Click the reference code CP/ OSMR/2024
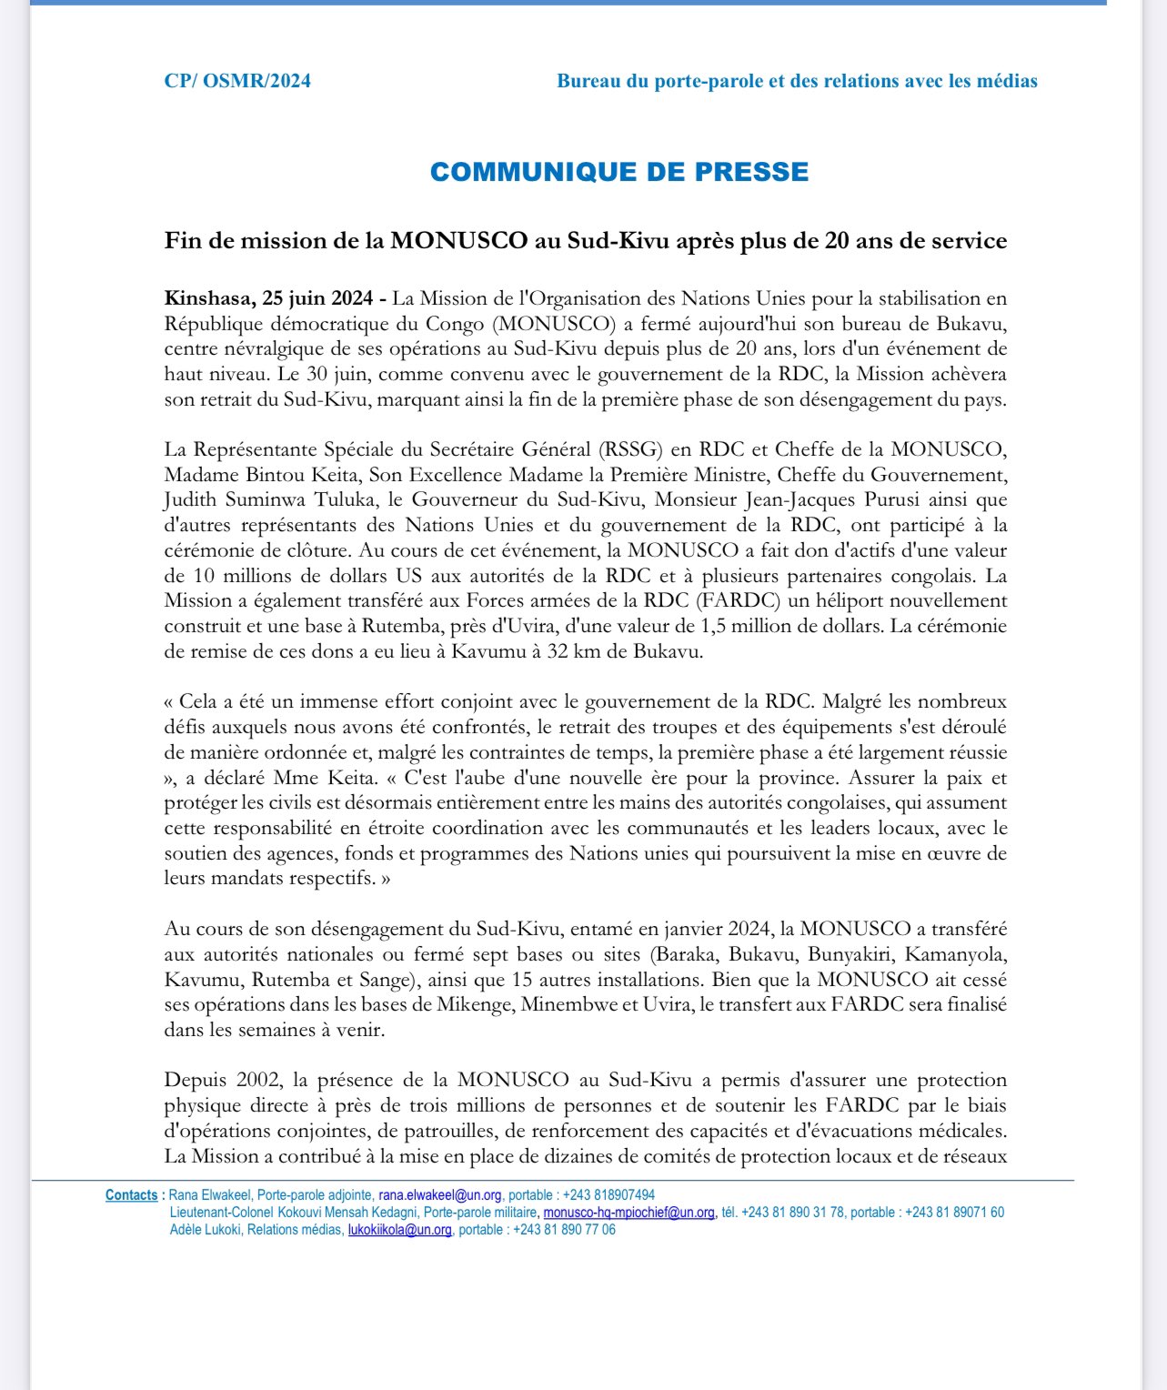tap(237, 81)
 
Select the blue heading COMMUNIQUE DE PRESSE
tap(619, 172)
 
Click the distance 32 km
tap(598, 651)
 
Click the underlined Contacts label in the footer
tap(131, 1195)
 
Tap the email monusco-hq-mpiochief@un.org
tap(629, 1213)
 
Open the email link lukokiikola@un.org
tap(399, 1230)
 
